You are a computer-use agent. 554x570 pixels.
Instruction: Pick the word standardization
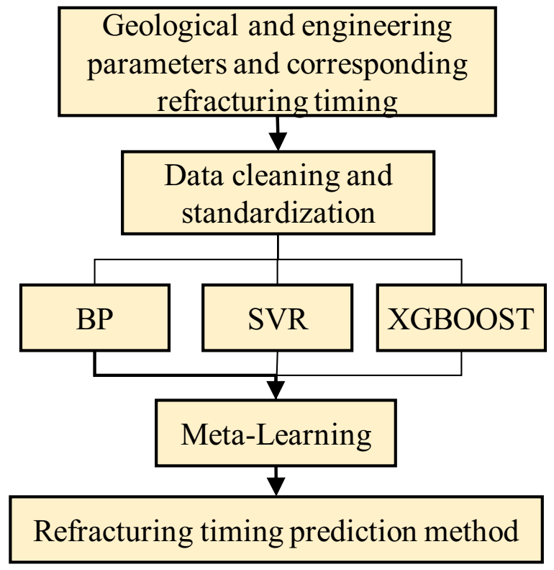tap(278, 213)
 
